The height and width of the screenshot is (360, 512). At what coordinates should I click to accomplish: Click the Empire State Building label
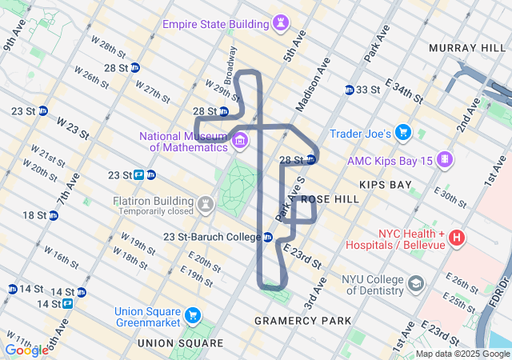(x=214, y=24)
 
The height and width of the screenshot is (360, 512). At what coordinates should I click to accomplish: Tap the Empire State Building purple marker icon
(x=280, y=25)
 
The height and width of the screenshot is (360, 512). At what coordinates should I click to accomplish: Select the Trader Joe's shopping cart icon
(x=403, y=133)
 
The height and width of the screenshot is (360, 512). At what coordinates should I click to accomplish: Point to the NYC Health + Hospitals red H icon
(x=457, y=238)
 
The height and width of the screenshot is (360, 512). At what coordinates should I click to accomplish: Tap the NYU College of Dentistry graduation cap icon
(x=416, y=283)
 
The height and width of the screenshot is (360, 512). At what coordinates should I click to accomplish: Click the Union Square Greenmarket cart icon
(x=193, y=316)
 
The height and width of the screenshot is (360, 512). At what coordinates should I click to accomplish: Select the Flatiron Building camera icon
(x=206, y=205)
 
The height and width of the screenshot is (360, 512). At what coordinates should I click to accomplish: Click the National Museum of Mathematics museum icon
(x=240, y=142)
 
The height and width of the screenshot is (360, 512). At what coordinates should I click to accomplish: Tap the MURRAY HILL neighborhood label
(x=468, y=49)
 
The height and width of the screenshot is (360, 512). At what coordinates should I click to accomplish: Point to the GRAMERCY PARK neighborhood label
(x=302, y=321)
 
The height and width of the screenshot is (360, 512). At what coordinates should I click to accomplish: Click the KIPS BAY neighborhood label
(x=385, y=185)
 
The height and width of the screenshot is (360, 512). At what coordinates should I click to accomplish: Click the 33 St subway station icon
(x=350, y=90)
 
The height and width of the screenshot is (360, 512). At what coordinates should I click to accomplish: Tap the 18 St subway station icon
(x=54, y=215)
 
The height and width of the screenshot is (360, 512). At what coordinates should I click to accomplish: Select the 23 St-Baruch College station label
(x=212, y=237)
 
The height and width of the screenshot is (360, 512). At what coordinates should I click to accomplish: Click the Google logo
(x=26, y=350)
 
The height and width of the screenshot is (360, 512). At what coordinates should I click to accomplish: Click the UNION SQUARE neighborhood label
(x=180, y=343)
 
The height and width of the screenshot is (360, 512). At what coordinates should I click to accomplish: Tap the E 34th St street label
(x=403, y=90)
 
